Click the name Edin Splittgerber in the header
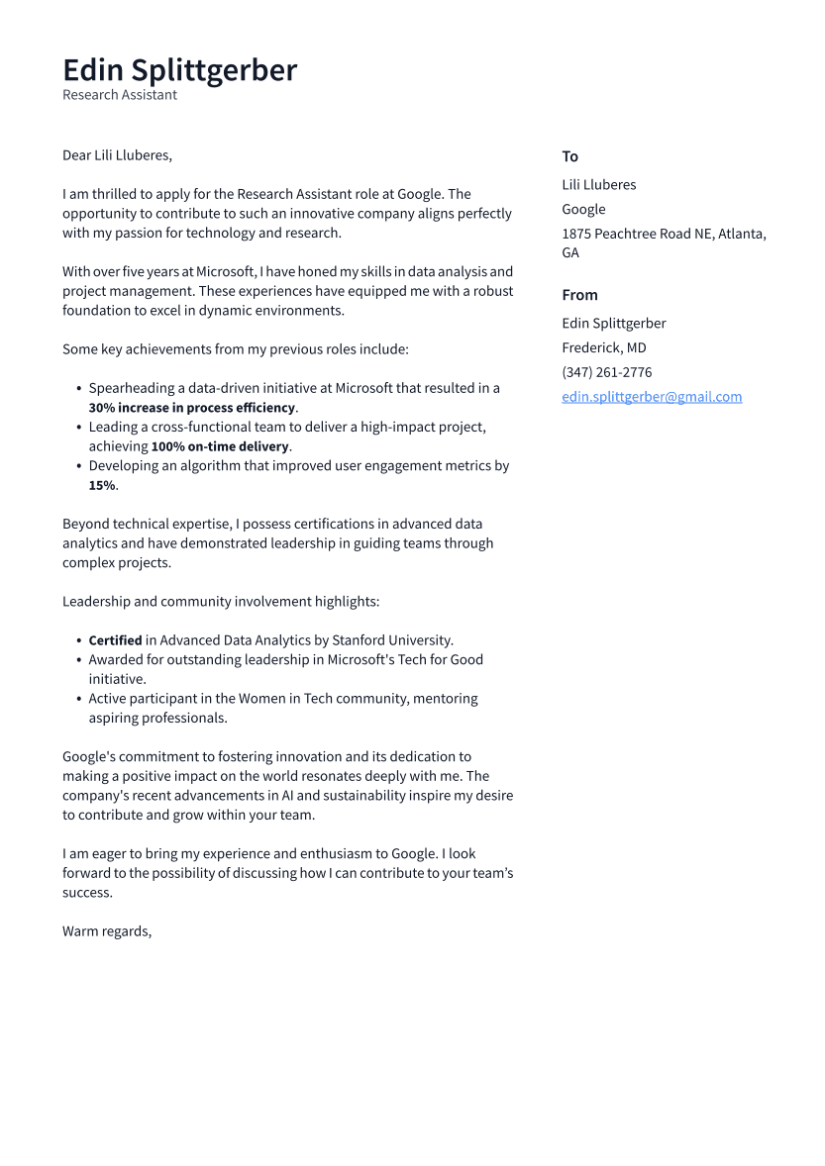179,70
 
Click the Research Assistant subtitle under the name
120,95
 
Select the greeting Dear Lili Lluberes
117,155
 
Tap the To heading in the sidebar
569,156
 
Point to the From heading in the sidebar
579,295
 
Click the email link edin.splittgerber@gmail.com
652,397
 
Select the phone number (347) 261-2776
606,372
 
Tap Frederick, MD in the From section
603,347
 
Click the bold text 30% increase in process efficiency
192,408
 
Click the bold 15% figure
102,485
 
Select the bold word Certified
115,640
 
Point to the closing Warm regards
107,931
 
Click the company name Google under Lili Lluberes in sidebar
583,209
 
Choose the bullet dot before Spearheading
78,389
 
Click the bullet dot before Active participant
78,699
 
